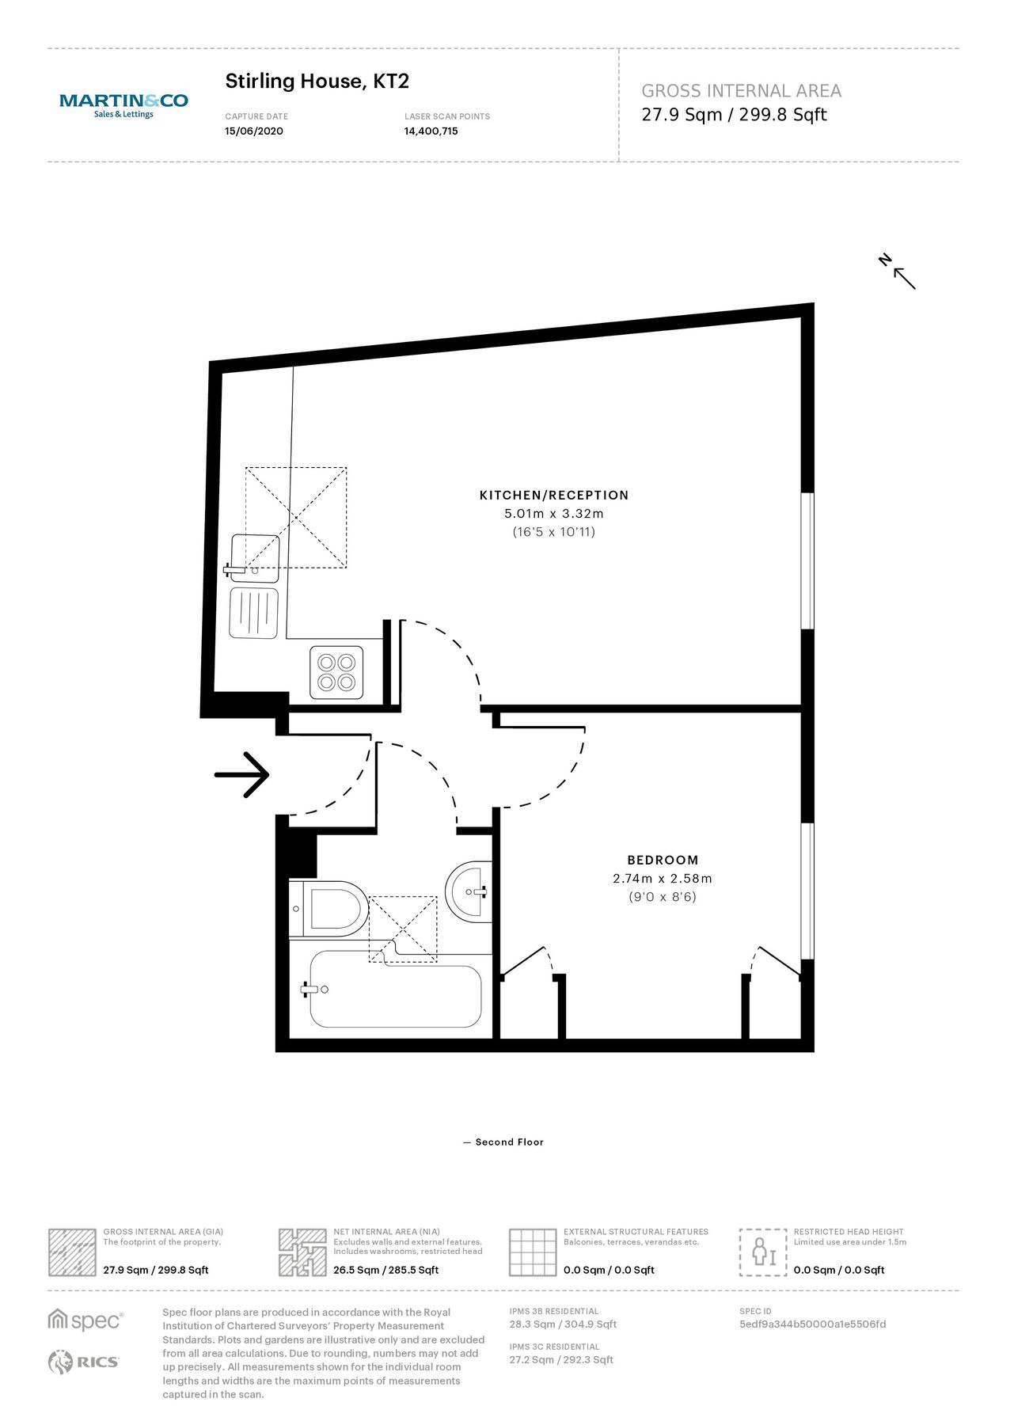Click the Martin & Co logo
tap(123, 104)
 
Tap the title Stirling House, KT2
tap(317, 81)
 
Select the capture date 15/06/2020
tap(253, 131)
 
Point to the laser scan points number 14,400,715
tap(431, 131)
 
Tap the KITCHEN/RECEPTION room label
tap(553, 496)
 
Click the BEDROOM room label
tap(663, 860)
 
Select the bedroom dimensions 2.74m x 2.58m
tap(663, 879)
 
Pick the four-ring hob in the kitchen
tap(336, 672)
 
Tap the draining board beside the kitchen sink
tap(253, 613)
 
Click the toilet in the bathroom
tap(332, 909)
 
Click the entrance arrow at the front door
tap(242, 774)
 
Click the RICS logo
tap(83, 1362)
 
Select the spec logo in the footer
tap(85, 1320)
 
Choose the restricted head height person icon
tap(763, 1252)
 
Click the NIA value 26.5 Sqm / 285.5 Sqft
tap(385, 1270)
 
